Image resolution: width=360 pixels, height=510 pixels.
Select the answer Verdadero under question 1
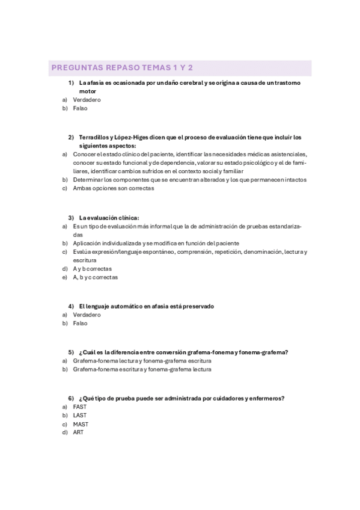click(87, 100)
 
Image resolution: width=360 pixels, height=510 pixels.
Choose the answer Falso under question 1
click(80, 109)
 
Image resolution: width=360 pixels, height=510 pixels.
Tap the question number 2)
click(71, 137)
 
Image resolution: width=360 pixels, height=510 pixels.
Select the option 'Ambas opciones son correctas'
click(113, 188)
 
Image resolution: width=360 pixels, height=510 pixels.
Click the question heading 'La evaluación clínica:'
click(109, 218)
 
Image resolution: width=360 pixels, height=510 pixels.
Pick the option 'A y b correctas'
click(92, 269)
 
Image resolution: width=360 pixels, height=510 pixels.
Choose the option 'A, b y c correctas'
click(95, 278)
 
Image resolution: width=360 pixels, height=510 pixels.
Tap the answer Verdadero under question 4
click(87, 315)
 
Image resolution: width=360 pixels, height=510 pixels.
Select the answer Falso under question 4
click(80, 324)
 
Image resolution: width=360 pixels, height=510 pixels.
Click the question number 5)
click(71, 352)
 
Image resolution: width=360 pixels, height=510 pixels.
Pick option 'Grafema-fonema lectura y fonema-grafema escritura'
click(142, 361)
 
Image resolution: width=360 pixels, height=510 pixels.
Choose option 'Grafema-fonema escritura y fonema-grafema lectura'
click(142, 370)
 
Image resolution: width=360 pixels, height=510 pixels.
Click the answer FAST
click(79, 407)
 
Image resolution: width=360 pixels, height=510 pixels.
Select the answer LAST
click(79, 416)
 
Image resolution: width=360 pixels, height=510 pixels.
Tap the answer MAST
click(80, 425)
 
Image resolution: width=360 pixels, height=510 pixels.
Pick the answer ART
click(78, 433)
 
